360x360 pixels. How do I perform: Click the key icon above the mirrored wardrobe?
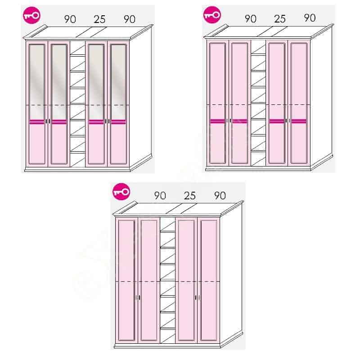[31, 15]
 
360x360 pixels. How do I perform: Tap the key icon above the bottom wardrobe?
[121, 192]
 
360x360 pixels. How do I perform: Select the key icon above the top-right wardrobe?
[212, 15]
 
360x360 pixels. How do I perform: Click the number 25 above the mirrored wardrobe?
[99, 19]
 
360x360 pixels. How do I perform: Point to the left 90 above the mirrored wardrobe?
[70, 19]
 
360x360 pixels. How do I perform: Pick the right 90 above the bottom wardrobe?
[220, 196]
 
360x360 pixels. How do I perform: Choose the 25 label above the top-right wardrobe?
[280, 19]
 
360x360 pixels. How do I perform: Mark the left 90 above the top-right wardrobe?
[251, 19]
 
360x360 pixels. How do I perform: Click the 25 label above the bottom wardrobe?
[189, 196]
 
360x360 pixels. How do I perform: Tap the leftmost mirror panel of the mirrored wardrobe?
[37, 82]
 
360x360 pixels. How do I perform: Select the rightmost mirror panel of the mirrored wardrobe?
[118, 82]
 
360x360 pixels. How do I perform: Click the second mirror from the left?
[59, 82]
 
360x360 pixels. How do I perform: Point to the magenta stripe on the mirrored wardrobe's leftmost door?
[37, 122]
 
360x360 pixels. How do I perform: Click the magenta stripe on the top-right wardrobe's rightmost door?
[299, 121]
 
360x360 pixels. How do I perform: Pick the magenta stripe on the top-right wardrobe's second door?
[240, 121]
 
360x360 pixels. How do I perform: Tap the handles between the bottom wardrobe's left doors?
[138, 297]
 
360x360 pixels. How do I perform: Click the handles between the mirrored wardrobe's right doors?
[107, 121]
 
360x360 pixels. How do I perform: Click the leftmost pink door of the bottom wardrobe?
[126, 279]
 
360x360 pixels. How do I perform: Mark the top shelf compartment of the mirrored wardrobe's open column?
[77, 48]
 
